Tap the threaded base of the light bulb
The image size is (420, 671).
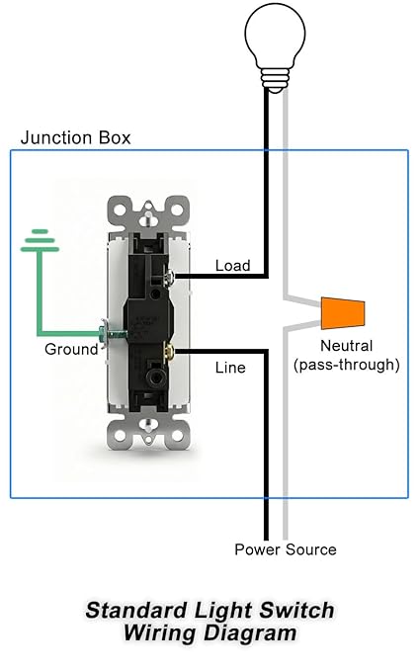[x=275, y=80]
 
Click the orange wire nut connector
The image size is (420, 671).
[x=343, y=313]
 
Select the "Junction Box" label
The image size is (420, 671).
[x=75, y=137]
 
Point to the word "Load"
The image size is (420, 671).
[x=232, y=265]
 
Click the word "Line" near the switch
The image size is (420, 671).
[x=230, y=368]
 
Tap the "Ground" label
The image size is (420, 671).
[x=71, y=349]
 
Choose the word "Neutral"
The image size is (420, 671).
[x=346, y=346]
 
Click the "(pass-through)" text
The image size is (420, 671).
[x=346, y=365]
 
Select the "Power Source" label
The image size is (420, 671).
[x=286, y=549]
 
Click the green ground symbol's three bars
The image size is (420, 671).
[x=40, y=240]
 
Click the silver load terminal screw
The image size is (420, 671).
[x=170, y=277]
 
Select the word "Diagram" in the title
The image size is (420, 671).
[x=250, y=633]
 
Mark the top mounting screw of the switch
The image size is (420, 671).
[x=148, y=217]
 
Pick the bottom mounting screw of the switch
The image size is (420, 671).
[x=148, y=425]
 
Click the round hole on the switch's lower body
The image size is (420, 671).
[x=153, y=377]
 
